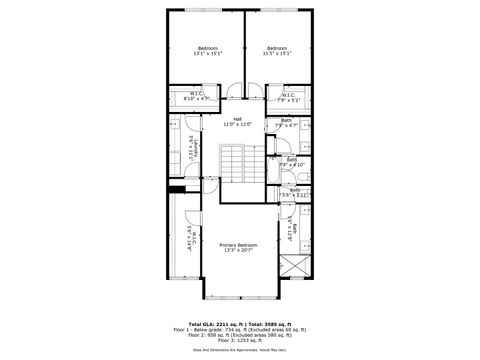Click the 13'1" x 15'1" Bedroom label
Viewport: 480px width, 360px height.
(208, 51)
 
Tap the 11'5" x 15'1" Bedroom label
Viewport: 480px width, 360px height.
(277, 51)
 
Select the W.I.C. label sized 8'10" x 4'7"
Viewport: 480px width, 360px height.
(196, 97)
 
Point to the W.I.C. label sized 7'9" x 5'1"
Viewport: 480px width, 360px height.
(287, 97)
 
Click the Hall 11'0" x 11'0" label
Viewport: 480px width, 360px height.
(237, 121)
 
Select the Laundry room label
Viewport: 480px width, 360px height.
(193, 154)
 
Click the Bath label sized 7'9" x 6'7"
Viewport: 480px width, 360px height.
(287, 123)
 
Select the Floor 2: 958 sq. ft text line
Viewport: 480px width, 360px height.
(240, 332)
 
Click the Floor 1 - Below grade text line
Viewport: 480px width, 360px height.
(240, 327)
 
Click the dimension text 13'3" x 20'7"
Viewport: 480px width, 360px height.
(239, 250)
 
